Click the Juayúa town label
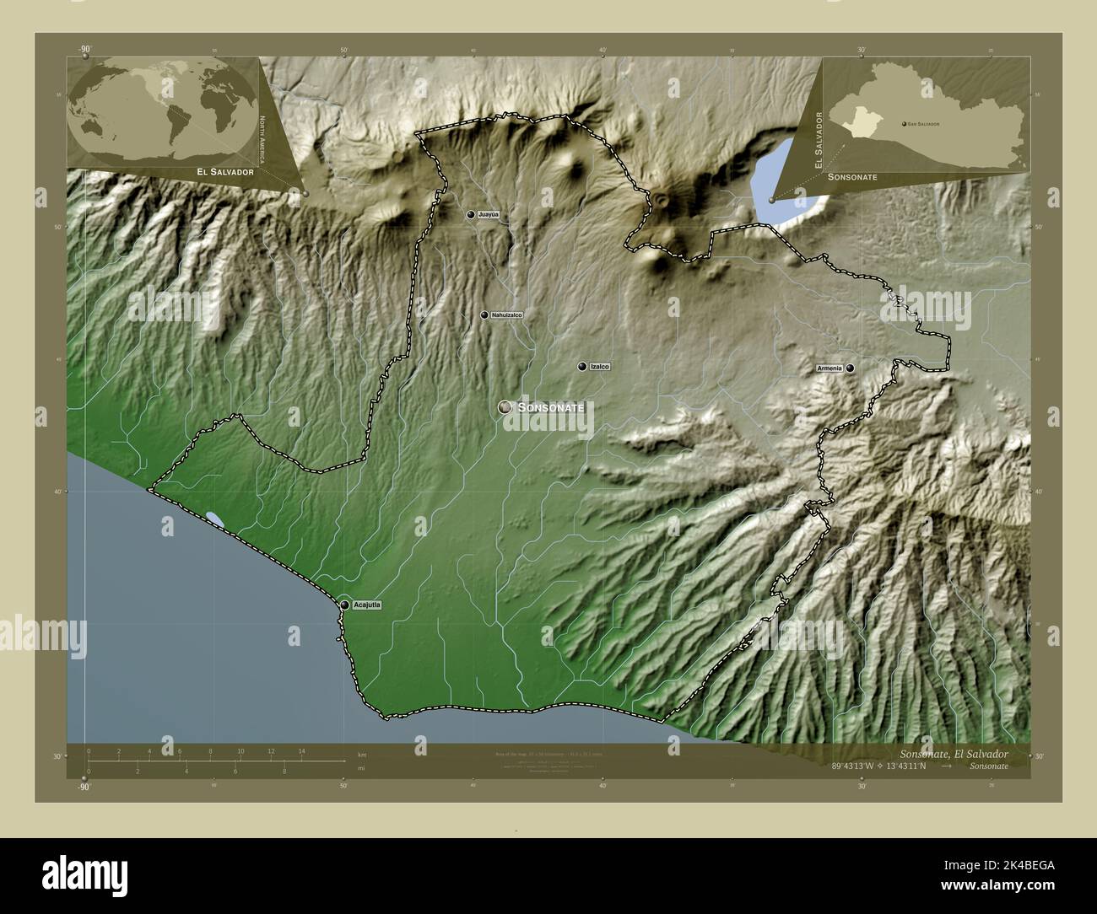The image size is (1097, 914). (489, 215)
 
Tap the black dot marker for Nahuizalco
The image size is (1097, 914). (484, 315)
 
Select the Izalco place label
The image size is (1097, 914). (600, 367)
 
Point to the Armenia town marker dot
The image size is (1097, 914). (851, 368)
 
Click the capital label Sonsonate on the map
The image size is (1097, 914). (551, 407)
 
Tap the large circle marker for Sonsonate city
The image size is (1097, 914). (505, 407)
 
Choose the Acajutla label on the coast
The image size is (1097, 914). (368, 605)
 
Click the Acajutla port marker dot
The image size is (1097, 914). (345, 605)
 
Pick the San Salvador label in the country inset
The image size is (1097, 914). (924, 124)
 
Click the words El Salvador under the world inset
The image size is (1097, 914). (225, 172)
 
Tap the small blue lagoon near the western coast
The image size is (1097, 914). (214, 519)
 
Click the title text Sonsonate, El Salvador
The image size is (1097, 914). (951, 752)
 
